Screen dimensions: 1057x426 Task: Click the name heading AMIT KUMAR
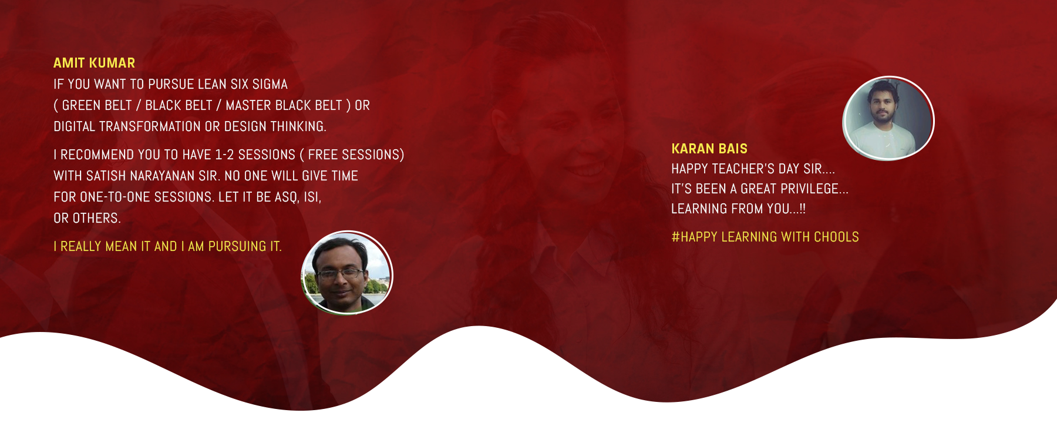94,63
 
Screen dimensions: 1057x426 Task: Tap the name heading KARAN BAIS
709,149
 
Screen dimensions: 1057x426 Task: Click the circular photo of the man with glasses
347,273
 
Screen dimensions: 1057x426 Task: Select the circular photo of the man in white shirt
888,118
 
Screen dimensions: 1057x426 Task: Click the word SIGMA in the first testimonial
270,84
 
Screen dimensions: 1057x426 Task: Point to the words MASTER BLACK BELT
284,105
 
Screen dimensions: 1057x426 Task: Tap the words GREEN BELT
97,105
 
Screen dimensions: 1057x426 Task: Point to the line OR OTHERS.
87,218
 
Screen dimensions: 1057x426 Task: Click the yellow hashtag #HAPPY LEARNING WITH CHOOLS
765,237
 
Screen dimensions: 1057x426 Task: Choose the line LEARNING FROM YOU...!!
738,209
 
